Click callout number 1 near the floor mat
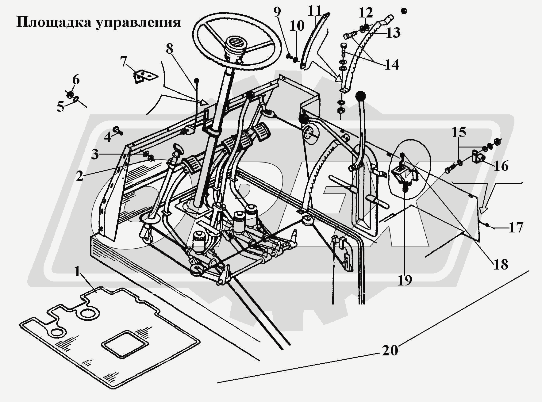click(78, 271)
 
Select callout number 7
click(123, 62)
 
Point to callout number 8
click(169, 49)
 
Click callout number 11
click(315, 12)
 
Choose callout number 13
click(393, 33)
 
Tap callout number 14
click(392, 64)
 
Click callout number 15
click(459, 132)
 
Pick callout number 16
click(501, 166)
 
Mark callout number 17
click(516, 228)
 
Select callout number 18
click(500, 264)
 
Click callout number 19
click(405, 280)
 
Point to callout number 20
click(390, 350)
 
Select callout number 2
click(79, 176)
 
